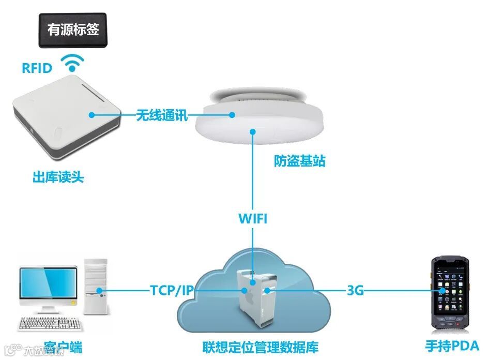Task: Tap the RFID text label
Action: pyautogui.click(x=37, y=68)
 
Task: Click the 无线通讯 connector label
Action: pyautogui.click(x=162, y=115)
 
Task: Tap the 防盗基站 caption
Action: pyautogui.click(x=300, y=161)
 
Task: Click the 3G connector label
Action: pyautogui.click(x=355, y=291)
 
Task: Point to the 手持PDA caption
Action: pyautogui.click(x=452, y=346)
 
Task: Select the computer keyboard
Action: pyautogui.click(x=50, y=324)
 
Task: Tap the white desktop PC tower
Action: pyautogui.click(x=96, y=287)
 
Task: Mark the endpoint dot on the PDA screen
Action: pyautogui.click(x=442, y=291)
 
